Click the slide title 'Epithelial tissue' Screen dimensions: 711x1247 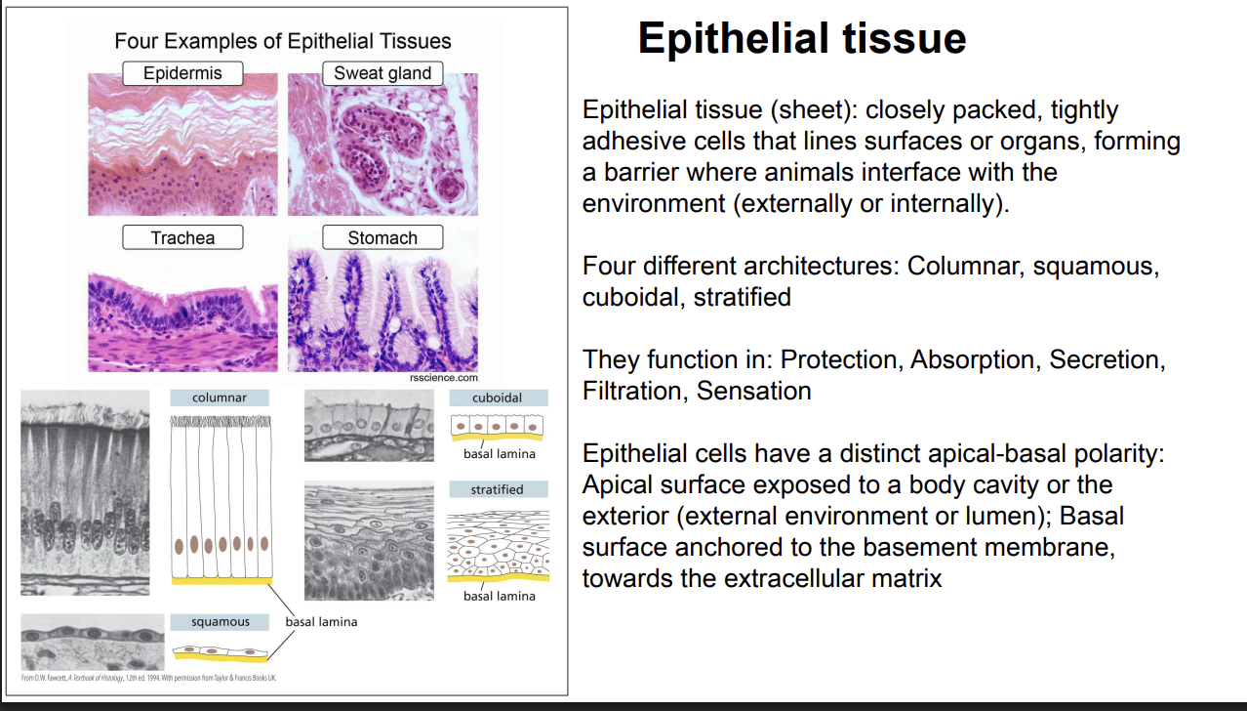(x=801, y=39)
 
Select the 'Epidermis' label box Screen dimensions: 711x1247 (x=182, y=73)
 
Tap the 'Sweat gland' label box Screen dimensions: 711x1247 (x=382, y=73)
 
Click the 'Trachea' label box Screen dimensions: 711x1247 (x=182, y=237)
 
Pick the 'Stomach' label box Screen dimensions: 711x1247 (x=382, y=237)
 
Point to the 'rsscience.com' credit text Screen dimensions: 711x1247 (x=444, y=377)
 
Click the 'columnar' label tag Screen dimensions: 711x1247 (x=220, y=397)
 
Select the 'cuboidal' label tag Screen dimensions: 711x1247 (x=498, y=397)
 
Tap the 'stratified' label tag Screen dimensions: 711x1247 (x=498, y=489)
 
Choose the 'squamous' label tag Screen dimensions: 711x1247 (x=220, y=621)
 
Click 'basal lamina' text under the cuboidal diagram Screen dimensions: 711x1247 (x=499, y=453)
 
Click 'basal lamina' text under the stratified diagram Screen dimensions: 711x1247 (x=499, y=596)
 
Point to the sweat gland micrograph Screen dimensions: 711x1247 (x=382, y=145)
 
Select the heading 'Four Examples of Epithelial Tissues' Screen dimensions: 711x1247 (x=283, y=41)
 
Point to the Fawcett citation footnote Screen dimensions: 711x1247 (x=147, y=677)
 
